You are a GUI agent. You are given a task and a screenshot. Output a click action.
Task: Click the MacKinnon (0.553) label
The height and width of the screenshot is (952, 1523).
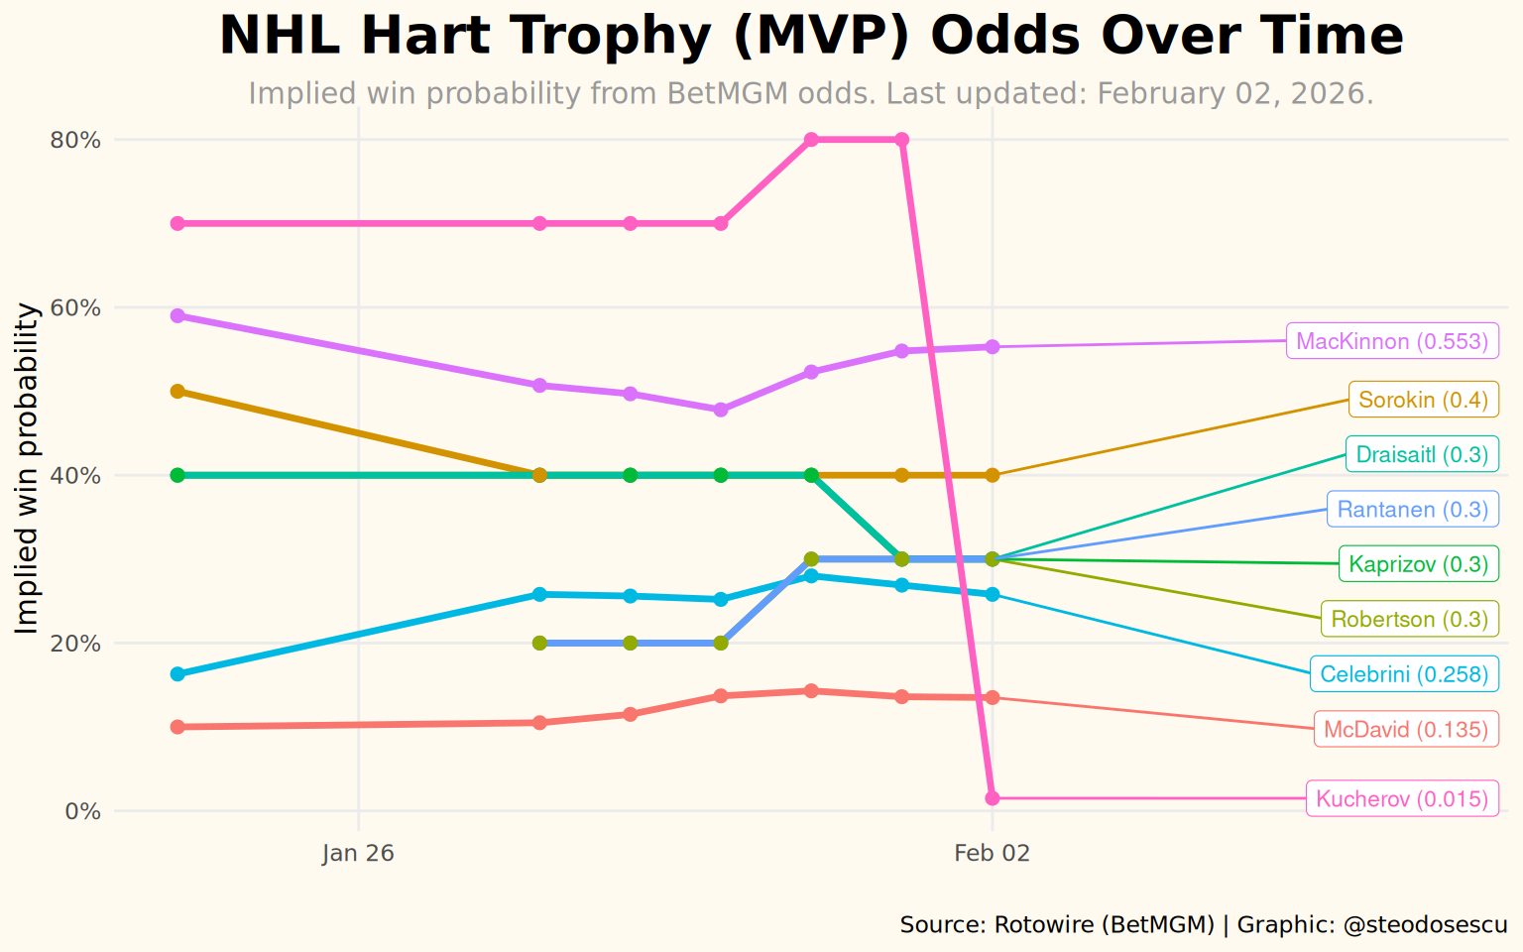click(x=1392, y=342)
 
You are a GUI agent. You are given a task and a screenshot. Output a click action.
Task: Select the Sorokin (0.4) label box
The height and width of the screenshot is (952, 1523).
click(x=1423, y=401)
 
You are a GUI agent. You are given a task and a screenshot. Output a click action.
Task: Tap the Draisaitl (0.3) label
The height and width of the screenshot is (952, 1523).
click(x=1422, y=455)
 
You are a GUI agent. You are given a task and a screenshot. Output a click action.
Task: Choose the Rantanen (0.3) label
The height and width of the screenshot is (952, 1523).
click(x=1412, y=510)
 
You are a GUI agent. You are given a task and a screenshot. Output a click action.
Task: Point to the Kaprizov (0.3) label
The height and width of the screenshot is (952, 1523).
click(x=1418, y=564)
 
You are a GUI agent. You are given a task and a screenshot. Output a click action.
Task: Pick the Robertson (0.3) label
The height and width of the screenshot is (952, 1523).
click(x=1409, y=620)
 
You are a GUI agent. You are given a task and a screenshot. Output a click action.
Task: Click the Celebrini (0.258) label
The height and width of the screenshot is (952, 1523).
click(x=1404, y=675)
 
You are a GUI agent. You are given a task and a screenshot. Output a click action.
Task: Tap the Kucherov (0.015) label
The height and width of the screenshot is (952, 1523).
click(x=1402, y=799)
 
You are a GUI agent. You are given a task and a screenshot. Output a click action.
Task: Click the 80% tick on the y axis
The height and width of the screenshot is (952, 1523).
click(x=75, y=140)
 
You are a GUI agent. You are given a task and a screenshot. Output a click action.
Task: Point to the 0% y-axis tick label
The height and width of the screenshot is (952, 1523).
click(x=82, y=811)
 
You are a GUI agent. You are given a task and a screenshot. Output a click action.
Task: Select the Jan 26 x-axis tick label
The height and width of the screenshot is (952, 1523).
click(x=358, y=854)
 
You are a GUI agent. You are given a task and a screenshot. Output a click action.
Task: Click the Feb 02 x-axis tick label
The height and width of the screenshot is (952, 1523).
click(x=992, y=854)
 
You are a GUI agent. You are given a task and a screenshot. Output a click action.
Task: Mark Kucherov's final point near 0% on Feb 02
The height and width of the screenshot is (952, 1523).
click(x=992, y=798)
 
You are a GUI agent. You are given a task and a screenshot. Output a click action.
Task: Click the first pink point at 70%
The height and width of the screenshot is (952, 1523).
click(x=177, y=223)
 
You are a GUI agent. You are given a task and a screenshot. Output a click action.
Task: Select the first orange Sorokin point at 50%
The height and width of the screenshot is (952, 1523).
click(x=177, y=392)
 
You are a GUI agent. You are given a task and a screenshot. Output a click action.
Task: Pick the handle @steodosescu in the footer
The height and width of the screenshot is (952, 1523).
click(x=1425, y=925)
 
